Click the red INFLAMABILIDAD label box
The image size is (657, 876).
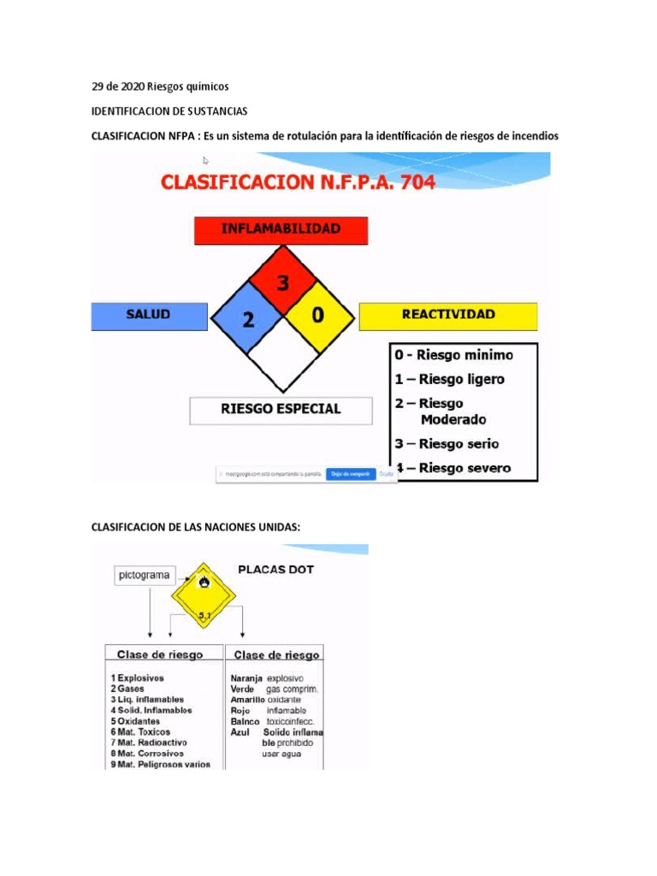281,230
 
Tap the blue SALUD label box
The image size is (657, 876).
149,316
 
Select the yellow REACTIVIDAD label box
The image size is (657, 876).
448,316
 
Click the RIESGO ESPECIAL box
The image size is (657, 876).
281,410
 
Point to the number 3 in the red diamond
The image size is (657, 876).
281,282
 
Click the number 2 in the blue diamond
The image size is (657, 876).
248,320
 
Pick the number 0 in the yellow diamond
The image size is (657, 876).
317,316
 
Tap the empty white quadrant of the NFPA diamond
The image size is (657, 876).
281,352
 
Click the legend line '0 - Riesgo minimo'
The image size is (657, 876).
453,355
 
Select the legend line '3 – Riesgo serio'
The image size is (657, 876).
447,444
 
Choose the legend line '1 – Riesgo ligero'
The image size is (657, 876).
449,379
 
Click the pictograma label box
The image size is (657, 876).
143,576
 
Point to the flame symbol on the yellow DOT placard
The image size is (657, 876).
204,583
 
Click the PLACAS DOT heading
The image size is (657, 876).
275,569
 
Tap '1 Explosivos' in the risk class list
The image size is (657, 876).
137,678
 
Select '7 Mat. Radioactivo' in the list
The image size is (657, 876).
146,743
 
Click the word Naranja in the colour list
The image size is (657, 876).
246,678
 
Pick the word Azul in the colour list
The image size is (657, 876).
240,732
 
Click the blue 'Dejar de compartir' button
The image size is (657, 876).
349,472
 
